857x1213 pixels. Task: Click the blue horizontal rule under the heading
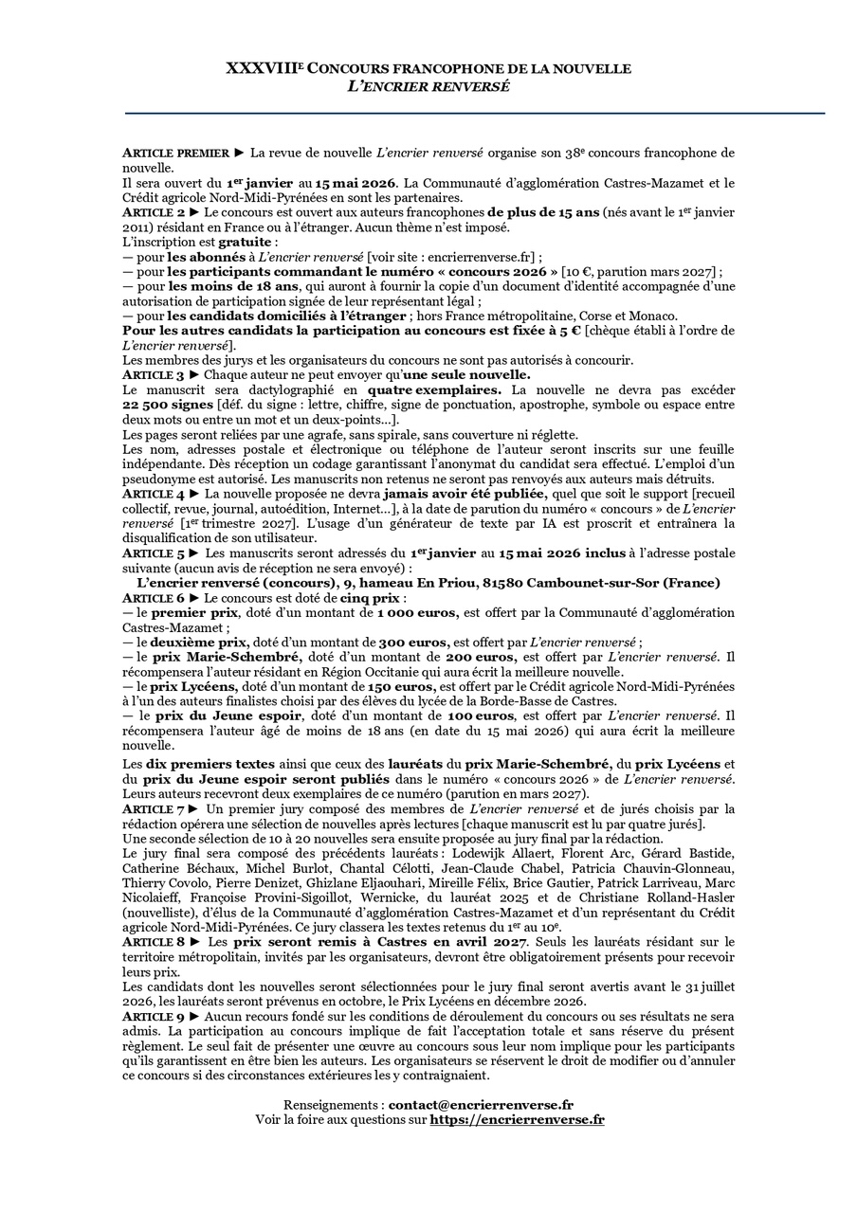pos(474,114)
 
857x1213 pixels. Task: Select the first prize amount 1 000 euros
pos(419,613)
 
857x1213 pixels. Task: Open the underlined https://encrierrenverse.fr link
pos(517,1119)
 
